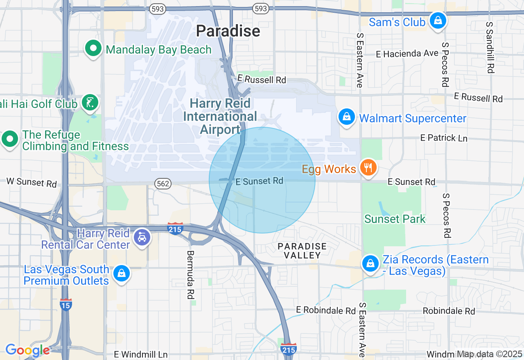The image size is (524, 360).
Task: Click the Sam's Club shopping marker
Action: pyautogui.click(x=438, y=20)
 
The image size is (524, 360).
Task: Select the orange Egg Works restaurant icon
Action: pyautogui.click(x=368, y=168)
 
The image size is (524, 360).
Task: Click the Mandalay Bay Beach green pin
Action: pyautogui.click(x=93, y=49)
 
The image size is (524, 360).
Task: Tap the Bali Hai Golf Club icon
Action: pyautogui.click(x=90, y=103)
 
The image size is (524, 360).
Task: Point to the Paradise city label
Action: pyautogui.click(x=228, y=31)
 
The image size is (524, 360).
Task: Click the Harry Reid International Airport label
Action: pyautogui.click(x=220, y=117)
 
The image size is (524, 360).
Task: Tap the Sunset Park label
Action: pyautogui.click(x=395, y=219)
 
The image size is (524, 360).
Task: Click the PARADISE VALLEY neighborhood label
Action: pyautogui.click(x=302, y=251)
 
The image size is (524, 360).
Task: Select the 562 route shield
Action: pyautogui.click(x=163, y=184)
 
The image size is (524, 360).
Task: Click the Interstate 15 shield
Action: pyautogui.click(x=66, y=304)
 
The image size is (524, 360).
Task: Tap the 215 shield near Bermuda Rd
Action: pyautogui.click(x=175, y=229)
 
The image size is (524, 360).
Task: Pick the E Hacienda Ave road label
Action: pyautogui.click(x=407, y=54)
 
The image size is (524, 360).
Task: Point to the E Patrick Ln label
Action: pyautogui.click(x=444, y=138)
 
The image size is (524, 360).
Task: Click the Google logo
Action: pyautogui.click(x=27, y=350)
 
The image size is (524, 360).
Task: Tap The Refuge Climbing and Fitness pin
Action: pyautogui.click(x=10, y=139)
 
